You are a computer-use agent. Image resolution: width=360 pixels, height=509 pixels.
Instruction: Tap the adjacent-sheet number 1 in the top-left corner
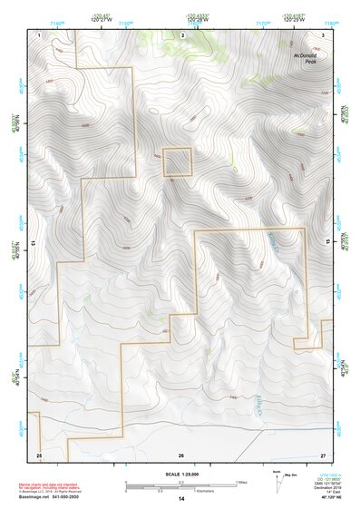pos(41,34)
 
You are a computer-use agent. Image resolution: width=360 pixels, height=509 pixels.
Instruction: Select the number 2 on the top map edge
pos(182,34)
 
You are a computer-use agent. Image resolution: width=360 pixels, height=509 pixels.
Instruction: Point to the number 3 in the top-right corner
pos(323,34)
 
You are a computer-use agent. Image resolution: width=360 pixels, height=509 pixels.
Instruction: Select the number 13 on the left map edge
pos(34,244)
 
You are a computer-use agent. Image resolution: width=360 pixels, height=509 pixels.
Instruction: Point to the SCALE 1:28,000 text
pos(180,475)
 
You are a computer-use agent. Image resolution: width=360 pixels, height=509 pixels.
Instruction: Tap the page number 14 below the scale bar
pos(180,499)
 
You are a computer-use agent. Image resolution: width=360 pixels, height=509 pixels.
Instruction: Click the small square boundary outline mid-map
pos(177,162)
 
